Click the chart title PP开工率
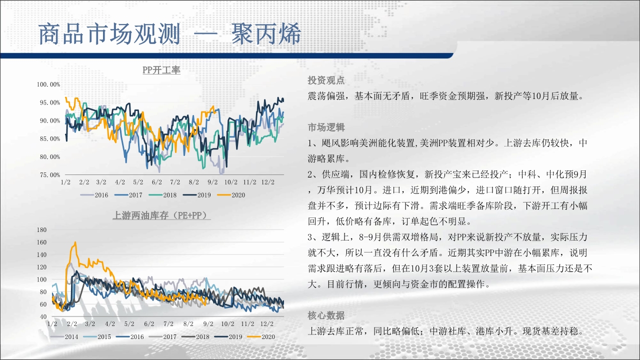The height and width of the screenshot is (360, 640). pos(161,70)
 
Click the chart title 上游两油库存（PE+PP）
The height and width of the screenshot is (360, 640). pos(161,215)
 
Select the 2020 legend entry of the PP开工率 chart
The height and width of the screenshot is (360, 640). pos(231,195)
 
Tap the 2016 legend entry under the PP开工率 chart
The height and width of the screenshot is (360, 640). pos(94,195)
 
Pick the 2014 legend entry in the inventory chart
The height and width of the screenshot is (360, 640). pos(64,337)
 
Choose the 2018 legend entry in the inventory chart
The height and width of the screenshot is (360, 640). pos(195,337)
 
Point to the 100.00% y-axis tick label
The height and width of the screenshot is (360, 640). pos(48,84)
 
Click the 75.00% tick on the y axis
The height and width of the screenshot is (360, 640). pos(49,175)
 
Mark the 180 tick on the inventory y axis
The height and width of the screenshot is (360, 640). pos(41,229)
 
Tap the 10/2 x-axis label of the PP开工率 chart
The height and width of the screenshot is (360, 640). pos(231,182)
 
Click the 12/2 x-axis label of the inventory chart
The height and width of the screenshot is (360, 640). pos(267,323)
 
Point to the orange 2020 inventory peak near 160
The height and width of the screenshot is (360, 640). pos(75,242)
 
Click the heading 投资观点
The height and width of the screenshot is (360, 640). pos(326,80)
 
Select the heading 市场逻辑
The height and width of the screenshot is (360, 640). pos(326,127)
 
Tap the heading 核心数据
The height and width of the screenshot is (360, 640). pos(326,315)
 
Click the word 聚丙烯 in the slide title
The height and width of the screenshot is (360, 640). pos(266,34)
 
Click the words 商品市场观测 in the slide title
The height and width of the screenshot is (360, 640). pos(109,34)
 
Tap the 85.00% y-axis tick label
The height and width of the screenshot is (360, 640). pos(49,139)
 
